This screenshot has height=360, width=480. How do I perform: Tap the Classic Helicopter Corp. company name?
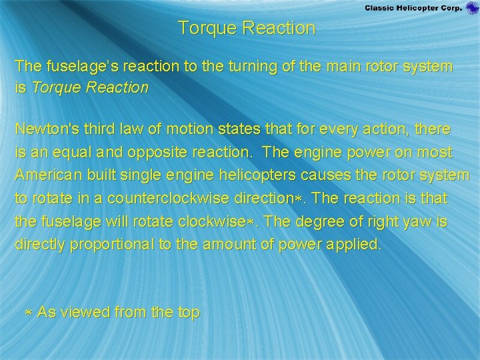tap(413, 8)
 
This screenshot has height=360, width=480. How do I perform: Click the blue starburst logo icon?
tap(472, 8)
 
